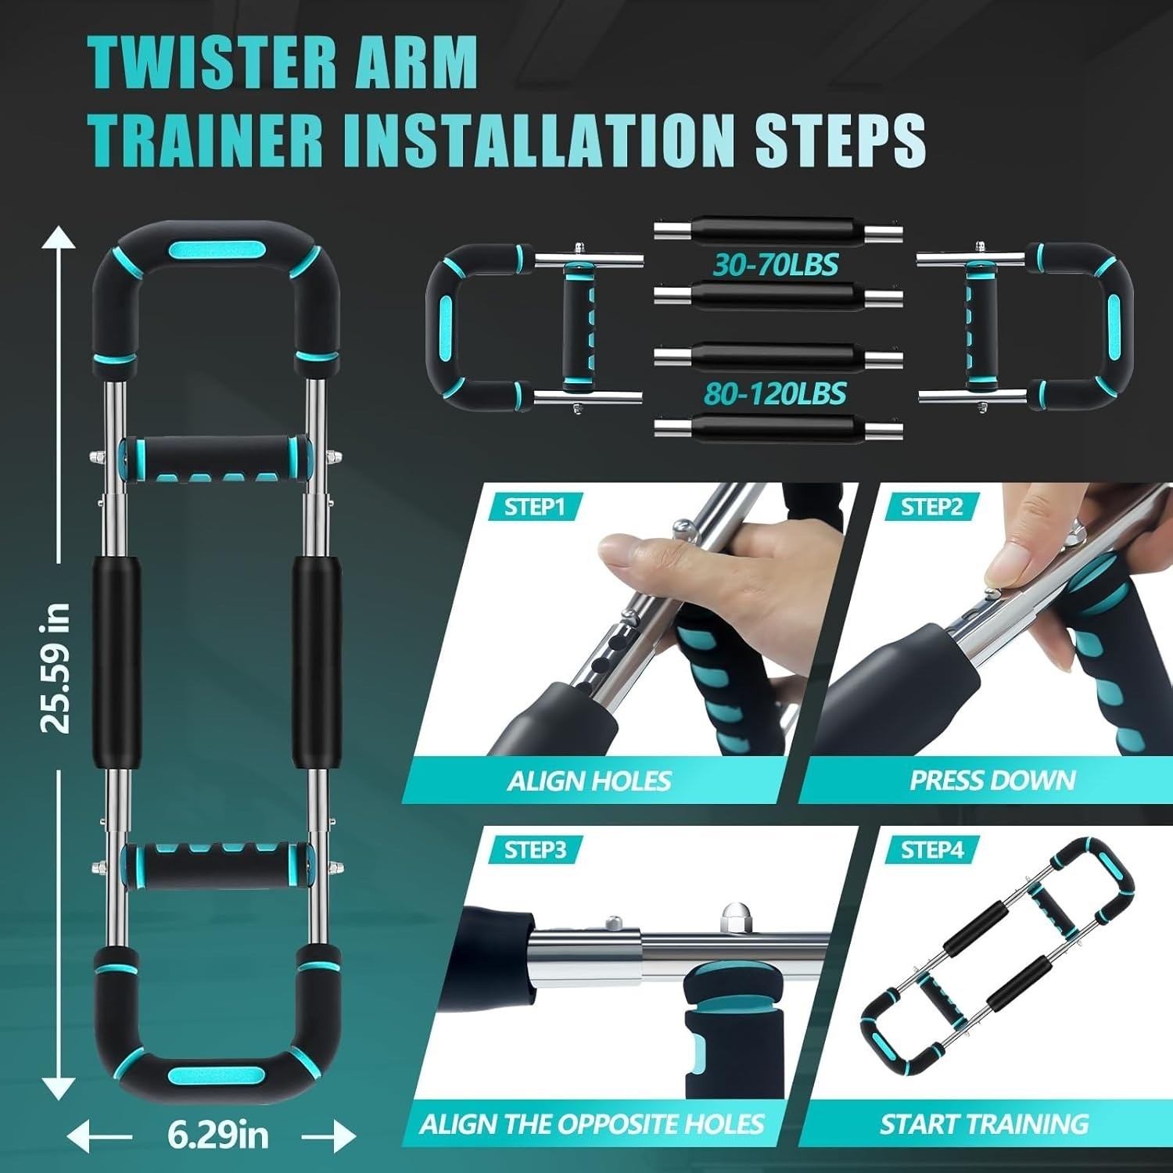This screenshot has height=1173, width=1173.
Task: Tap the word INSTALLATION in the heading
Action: click(x=530, y=139)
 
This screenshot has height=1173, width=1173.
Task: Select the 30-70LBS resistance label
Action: click(x=776, y=265)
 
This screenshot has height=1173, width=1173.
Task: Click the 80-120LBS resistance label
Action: click(x=776, y=393)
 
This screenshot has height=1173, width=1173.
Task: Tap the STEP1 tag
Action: click(x=534, y=507)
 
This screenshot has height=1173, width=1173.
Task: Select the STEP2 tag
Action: click(x=931, y=507)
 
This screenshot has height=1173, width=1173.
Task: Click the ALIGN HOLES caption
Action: click(x=589, y=780)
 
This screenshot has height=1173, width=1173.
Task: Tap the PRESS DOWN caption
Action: click(x=992, y=780)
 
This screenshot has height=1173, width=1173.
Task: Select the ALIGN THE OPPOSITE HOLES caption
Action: click(x=591, y=1125)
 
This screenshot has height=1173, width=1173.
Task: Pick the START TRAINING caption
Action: click(x=984, y=1125)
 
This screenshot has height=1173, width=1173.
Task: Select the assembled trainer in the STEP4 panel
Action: click(x=997, y=954)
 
